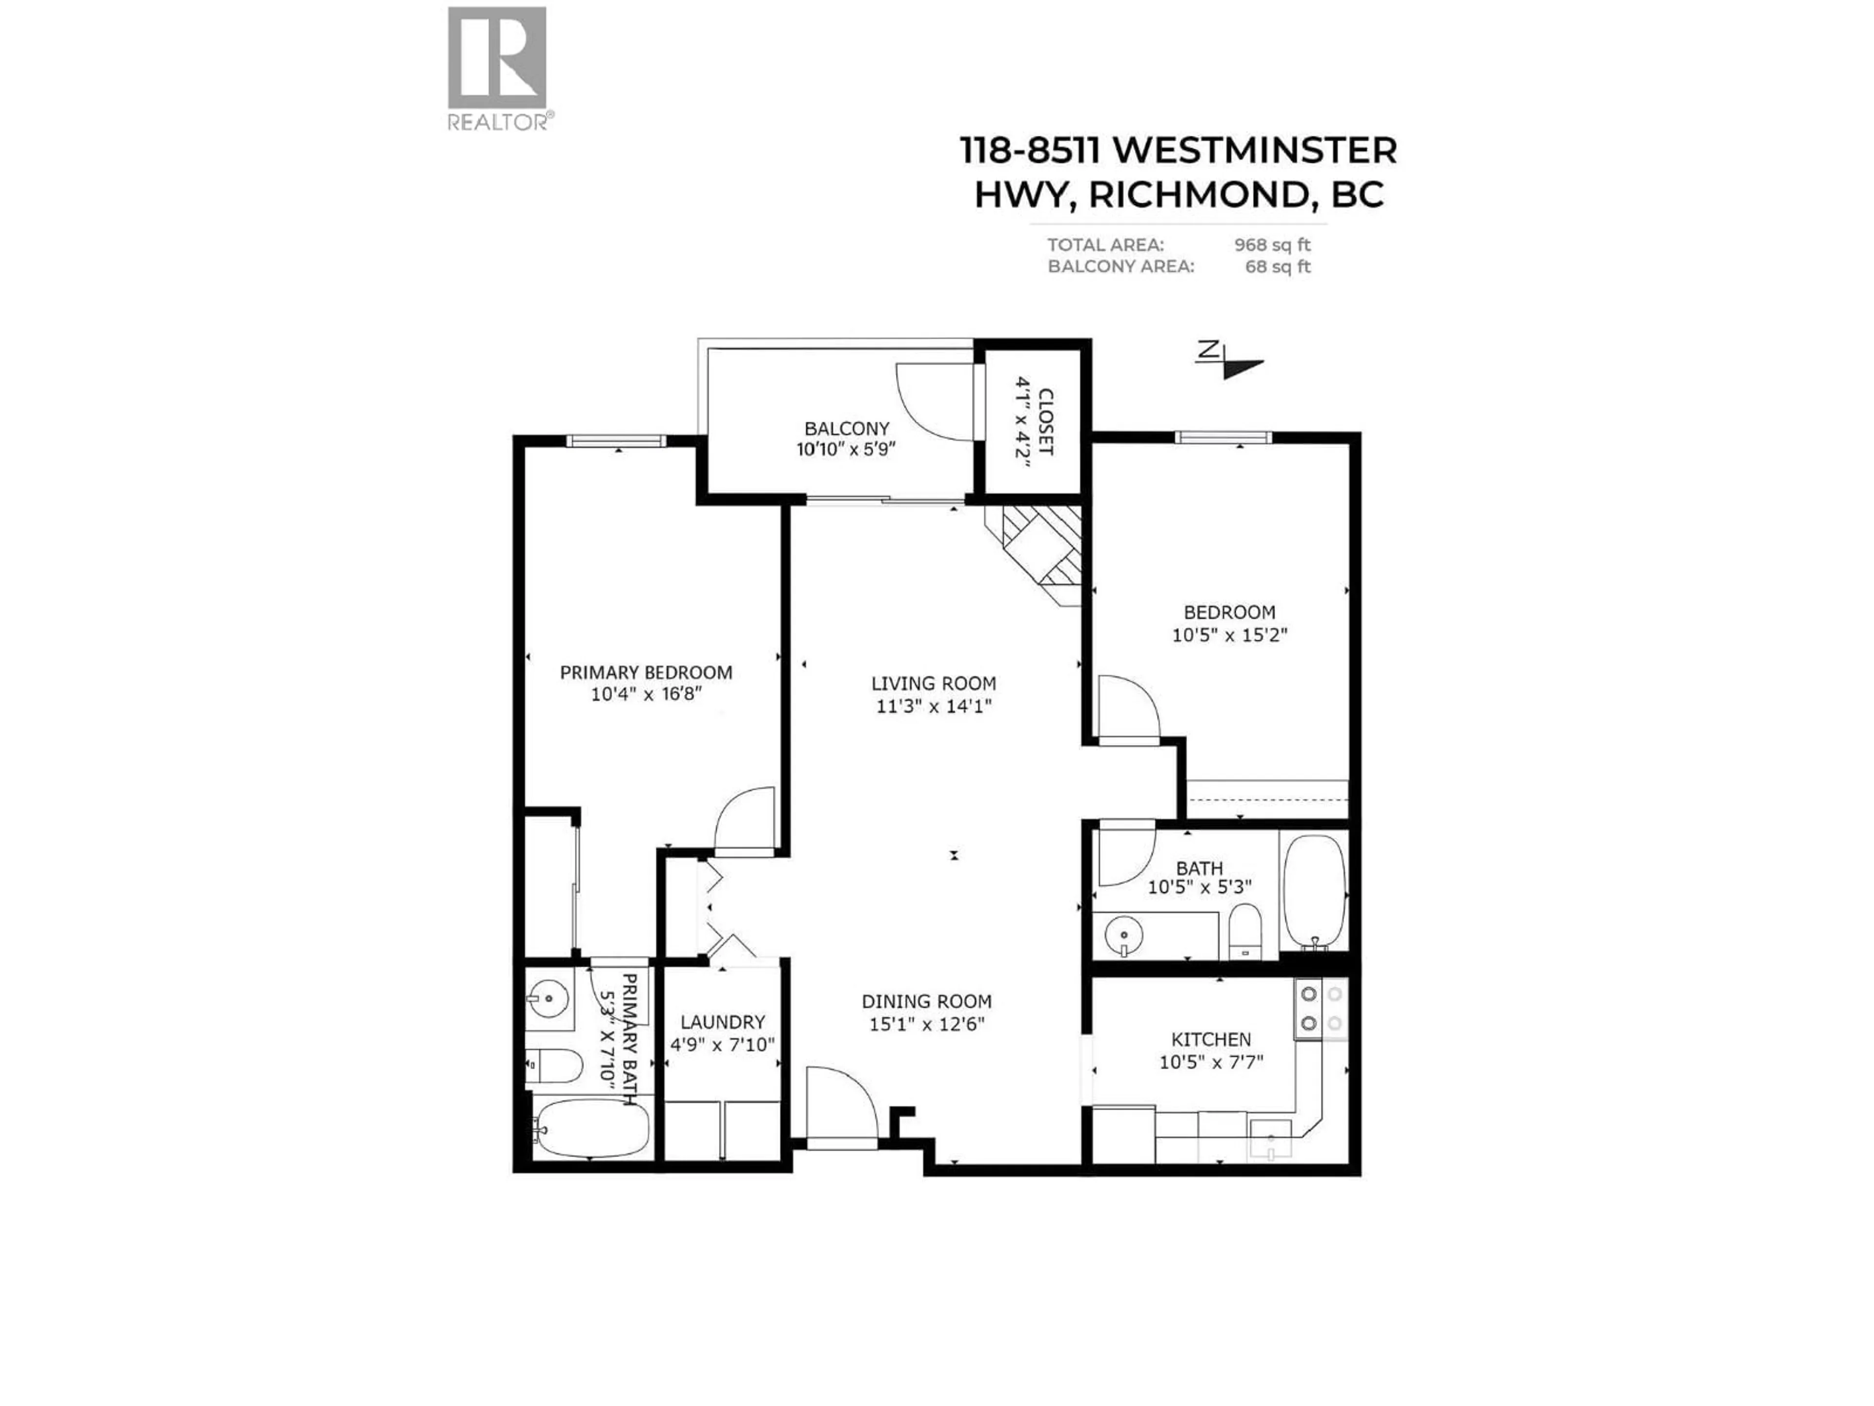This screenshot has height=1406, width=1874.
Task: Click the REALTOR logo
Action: [497, 68]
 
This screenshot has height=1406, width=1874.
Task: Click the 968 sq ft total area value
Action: [1272, 245]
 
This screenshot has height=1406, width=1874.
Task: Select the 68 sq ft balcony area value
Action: [1278, 267]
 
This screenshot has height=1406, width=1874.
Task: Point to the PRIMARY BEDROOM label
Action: [646, 673]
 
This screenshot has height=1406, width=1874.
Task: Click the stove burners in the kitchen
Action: [1321, 1009]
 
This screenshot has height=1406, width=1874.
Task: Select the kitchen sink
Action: [1271, 1138]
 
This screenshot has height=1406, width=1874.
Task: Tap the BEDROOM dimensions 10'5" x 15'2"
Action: [1229, 635]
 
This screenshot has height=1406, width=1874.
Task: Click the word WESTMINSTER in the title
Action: [1254, 151]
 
